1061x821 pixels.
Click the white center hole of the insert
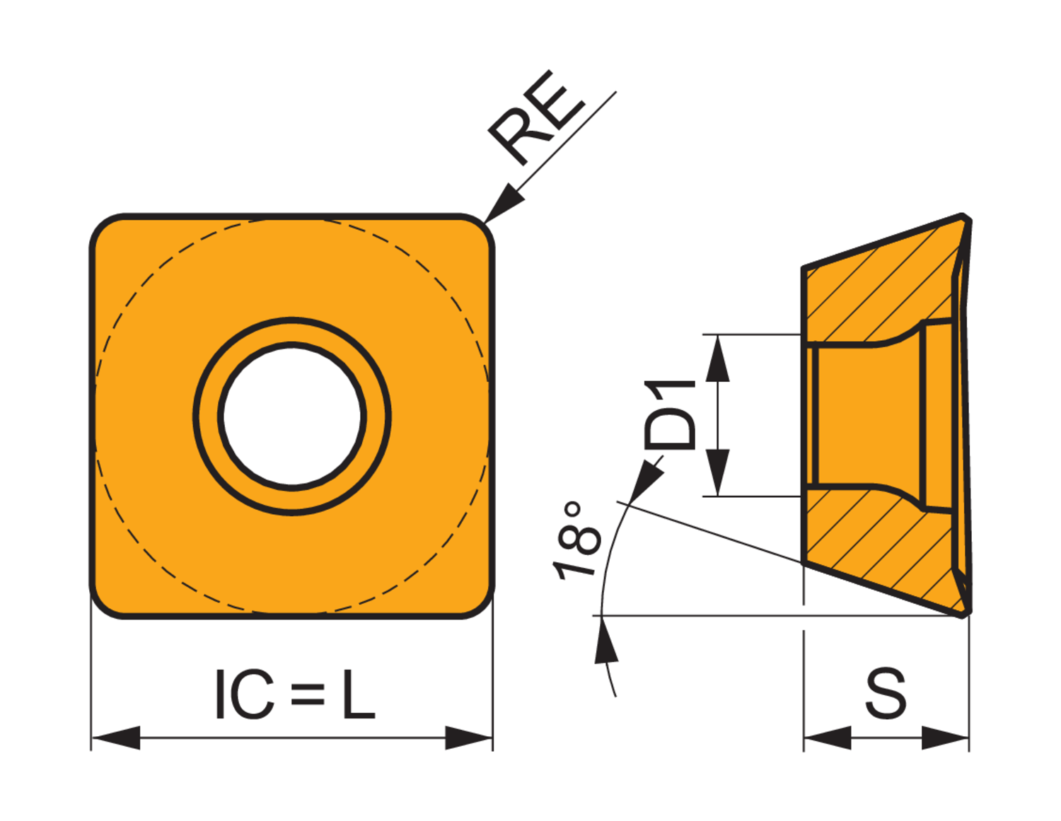point(291,416)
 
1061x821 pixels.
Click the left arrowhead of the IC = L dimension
point(116,738)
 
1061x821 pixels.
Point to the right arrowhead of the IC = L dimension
point(468,738)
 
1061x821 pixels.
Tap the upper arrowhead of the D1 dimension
point(718,359)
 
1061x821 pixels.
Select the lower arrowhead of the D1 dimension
point(718,472)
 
